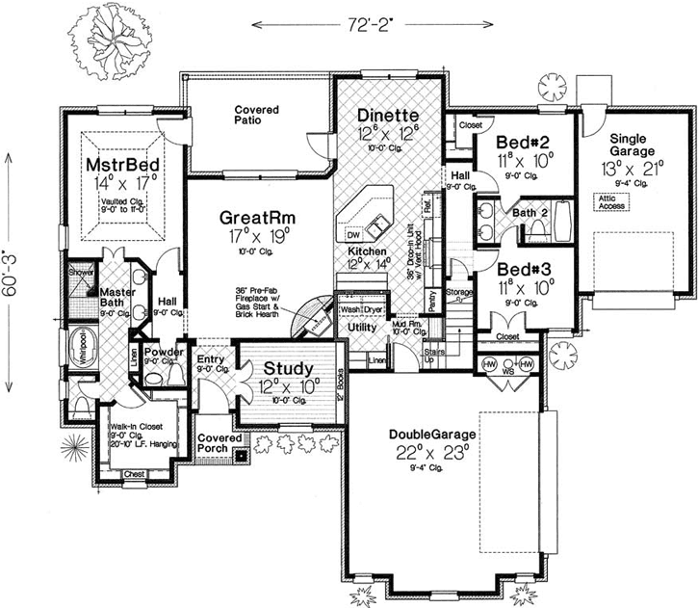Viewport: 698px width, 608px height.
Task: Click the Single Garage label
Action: [632, 145]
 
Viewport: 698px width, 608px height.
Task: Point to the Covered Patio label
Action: [256, 117]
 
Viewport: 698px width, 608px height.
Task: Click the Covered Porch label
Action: [219, 444]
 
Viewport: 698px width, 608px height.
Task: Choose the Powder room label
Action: [164, 353]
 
